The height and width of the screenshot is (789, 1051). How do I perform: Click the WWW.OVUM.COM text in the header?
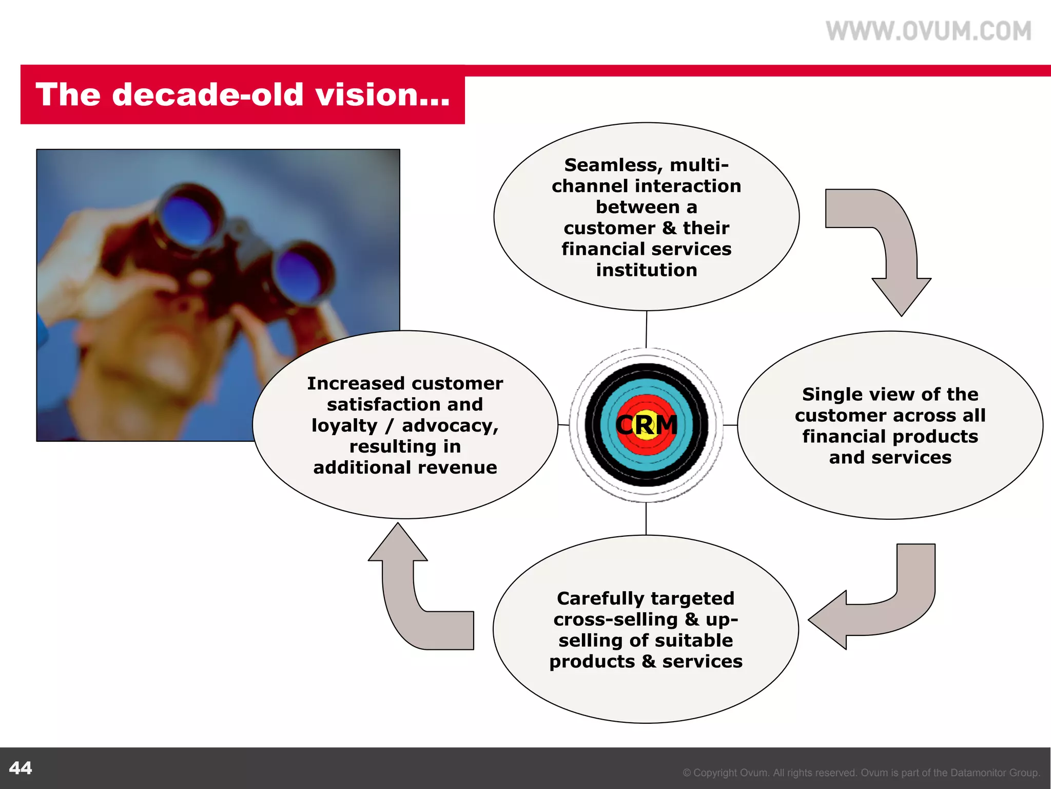[928, 31]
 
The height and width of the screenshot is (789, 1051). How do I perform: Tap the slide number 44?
[21, 768]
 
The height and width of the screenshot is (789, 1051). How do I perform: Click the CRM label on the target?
[647, 425]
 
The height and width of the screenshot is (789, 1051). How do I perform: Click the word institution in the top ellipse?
[647, 270]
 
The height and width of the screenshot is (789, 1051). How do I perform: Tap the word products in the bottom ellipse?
[592, 662]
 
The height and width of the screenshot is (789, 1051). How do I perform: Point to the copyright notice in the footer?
[861, 773]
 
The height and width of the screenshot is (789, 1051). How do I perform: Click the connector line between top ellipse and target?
[646, 329]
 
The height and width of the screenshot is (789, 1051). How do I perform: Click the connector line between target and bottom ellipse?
[646, 519]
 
